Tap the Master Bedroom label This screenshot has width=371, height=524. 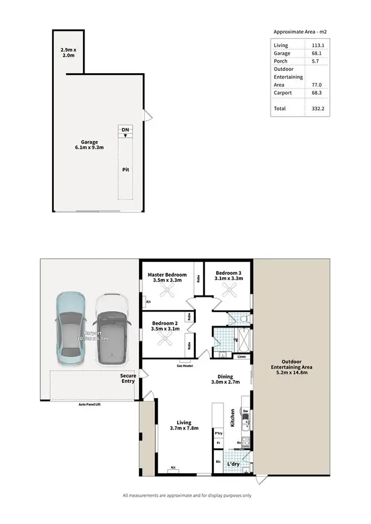tap(167, 275)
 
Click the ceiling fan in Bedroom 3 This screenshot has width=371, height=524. tap(229, 291)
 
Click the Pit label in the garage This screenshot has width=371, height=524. tap(126, 169)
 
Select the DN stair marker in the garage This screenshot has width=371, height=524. tap(126, 130)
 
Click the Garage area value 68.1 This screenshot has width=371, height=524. tap(315, 53)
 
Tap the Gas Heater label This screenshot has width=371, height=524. tap(185, 366)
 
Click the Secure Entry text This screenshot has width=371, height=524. tap(128, 378)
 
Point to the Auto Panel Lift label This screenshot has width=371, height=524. tap(93, 404)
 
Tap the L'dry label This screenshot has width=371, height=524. tap(233, 464)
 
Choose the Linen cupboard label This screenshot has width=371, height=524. tap(241, 356)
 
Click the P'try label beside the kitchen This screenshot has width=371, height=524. tap(218, 434)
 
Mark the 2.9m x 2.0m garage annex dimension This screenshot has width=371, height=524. tap(67, 53)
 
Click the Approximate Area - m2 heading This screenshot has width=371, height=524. tap(300, 32)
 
